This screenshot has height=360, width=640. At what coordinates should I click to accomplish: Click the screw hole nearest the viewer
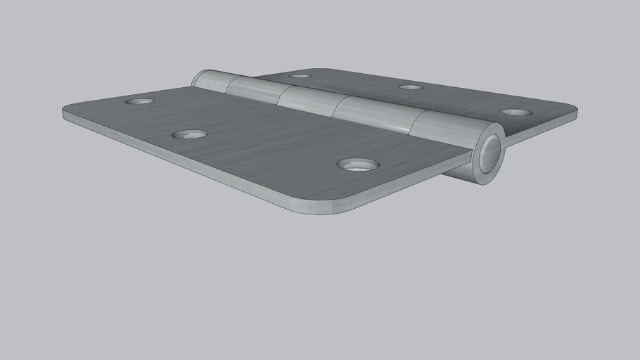pos(358,165)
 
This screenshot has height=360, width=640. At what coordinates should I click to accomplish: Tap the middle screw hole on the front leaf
pos(189,134)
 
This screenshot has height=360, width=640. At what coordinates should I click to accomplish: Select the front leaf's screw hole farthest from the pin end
pos(139,101)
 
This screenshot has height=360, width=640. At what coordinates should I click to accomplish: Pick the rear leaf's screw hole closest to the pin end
pos(516,112)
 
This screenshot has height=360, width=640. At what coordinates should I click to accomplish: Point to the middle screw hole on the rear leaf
pos(411,87)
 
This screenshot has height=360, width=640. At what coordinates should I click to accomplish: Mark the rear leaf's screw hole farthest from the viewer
pos(300,76)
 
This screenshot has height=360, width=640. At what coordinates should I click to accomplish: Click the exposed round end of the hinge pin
pos(490,154)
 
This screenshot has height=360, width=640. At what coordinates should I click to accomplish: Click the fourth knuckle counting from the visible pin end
pos(252,89)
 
